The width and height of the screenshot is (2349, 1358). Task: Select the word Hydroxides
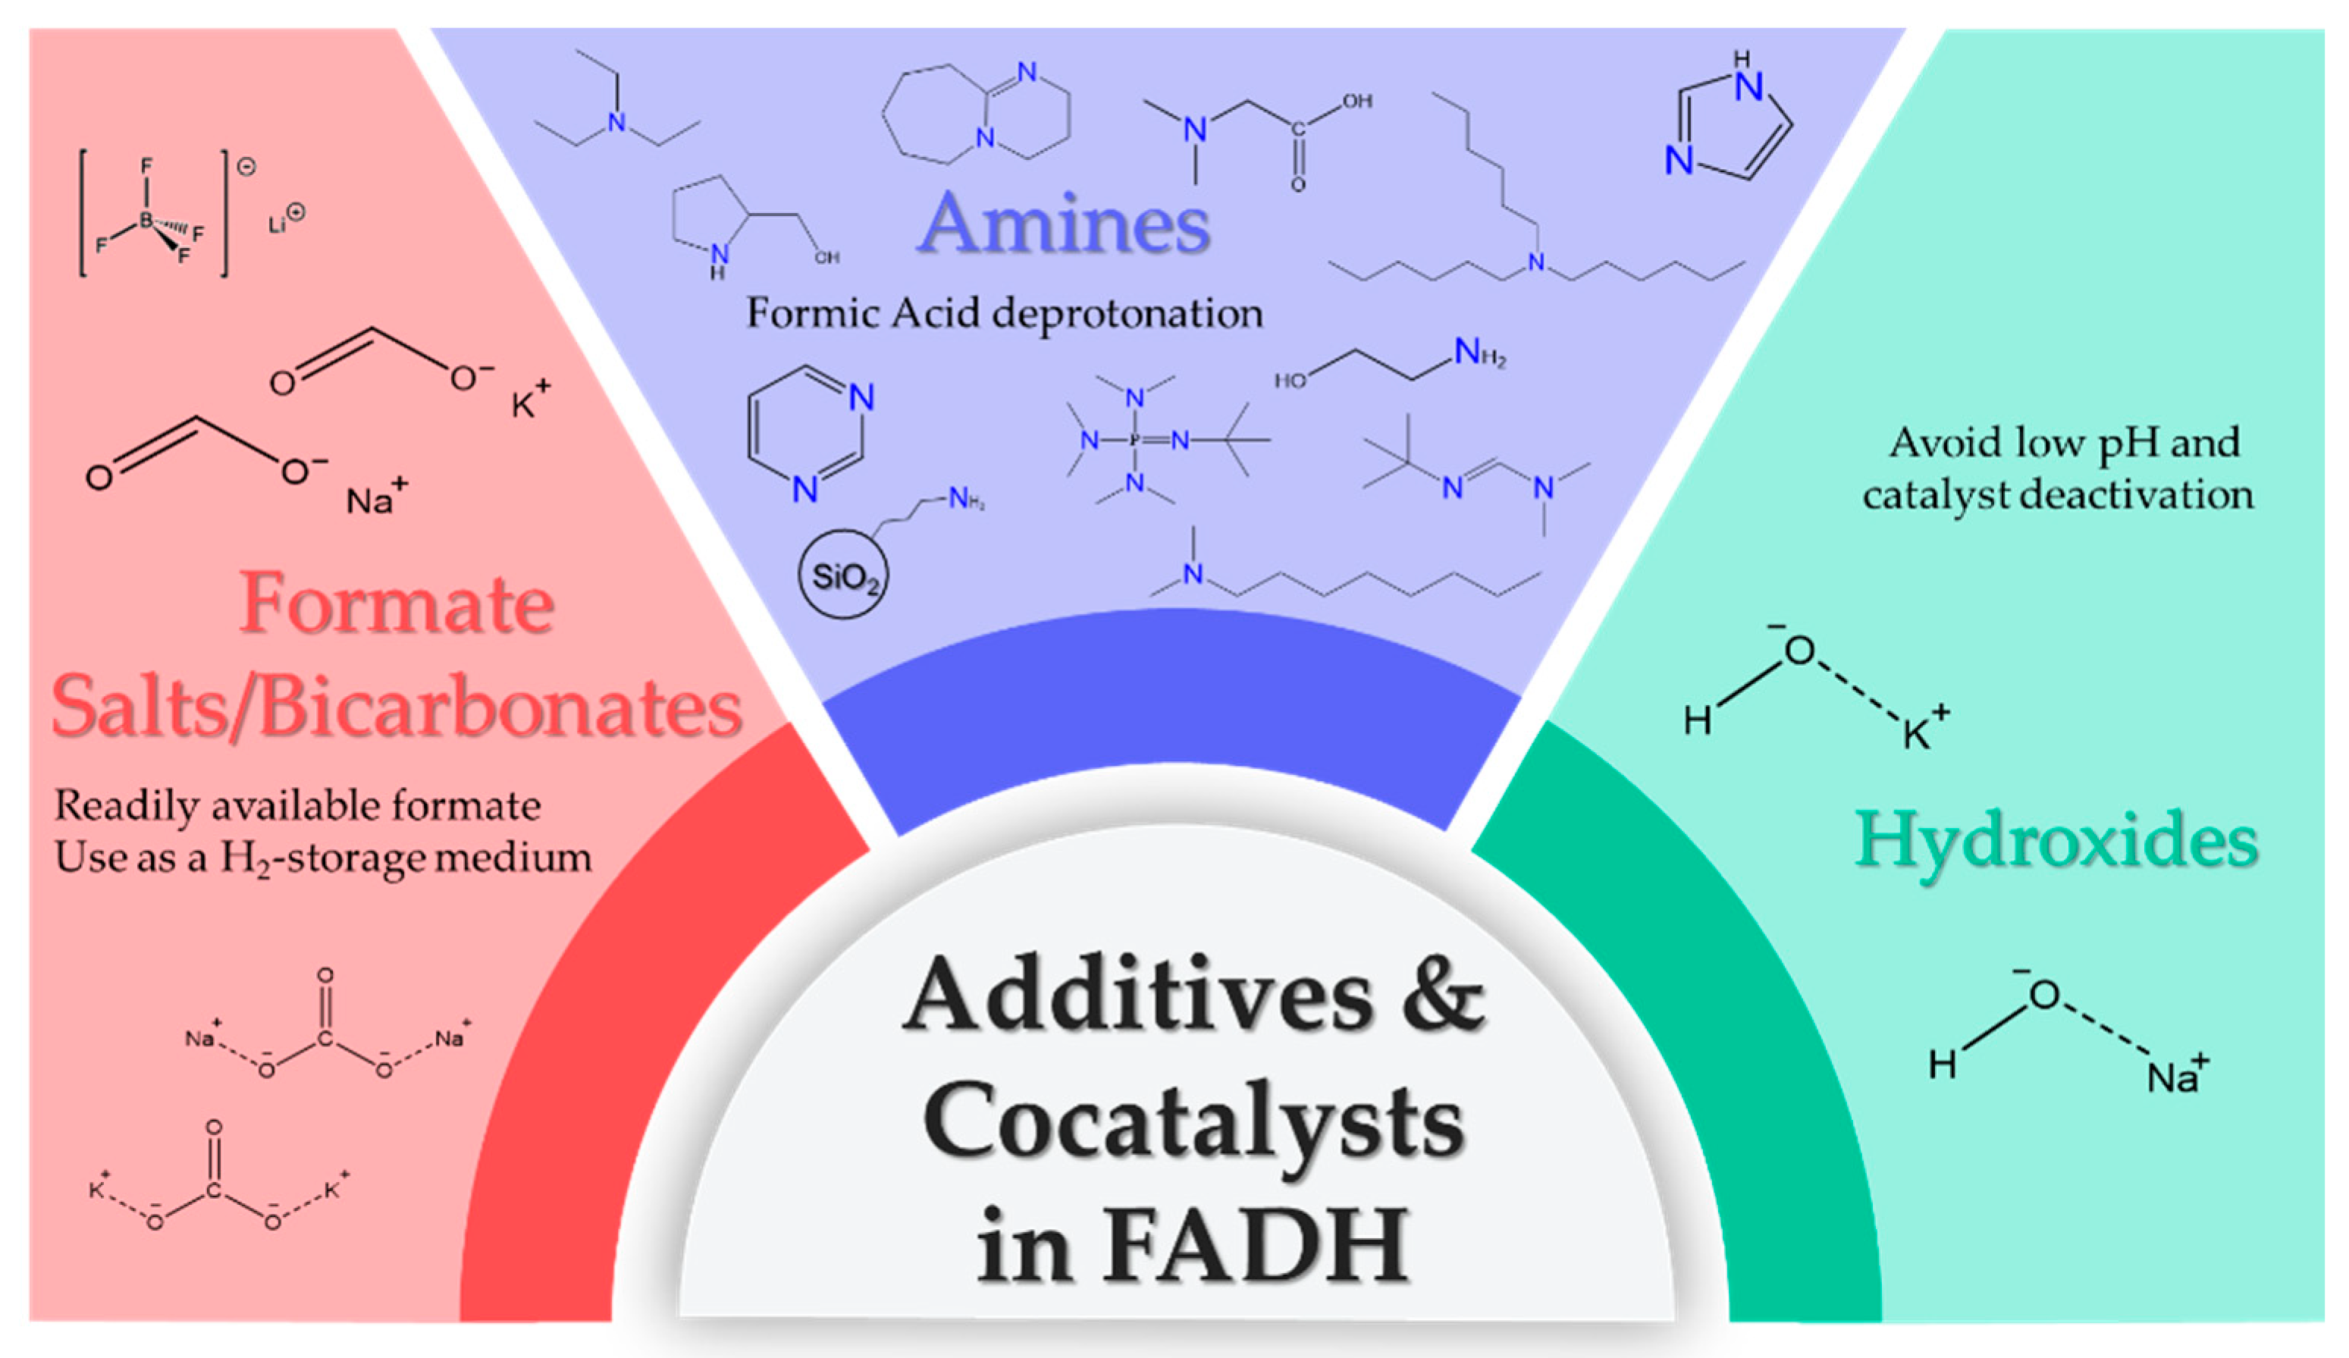(x=2056, y=842)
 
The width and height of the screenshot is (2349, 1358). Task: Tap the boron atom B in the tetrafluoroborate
(x=146, y=221)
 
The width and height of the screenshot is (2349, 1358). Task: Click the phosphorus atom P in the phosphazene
(x=1134, y=439)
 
